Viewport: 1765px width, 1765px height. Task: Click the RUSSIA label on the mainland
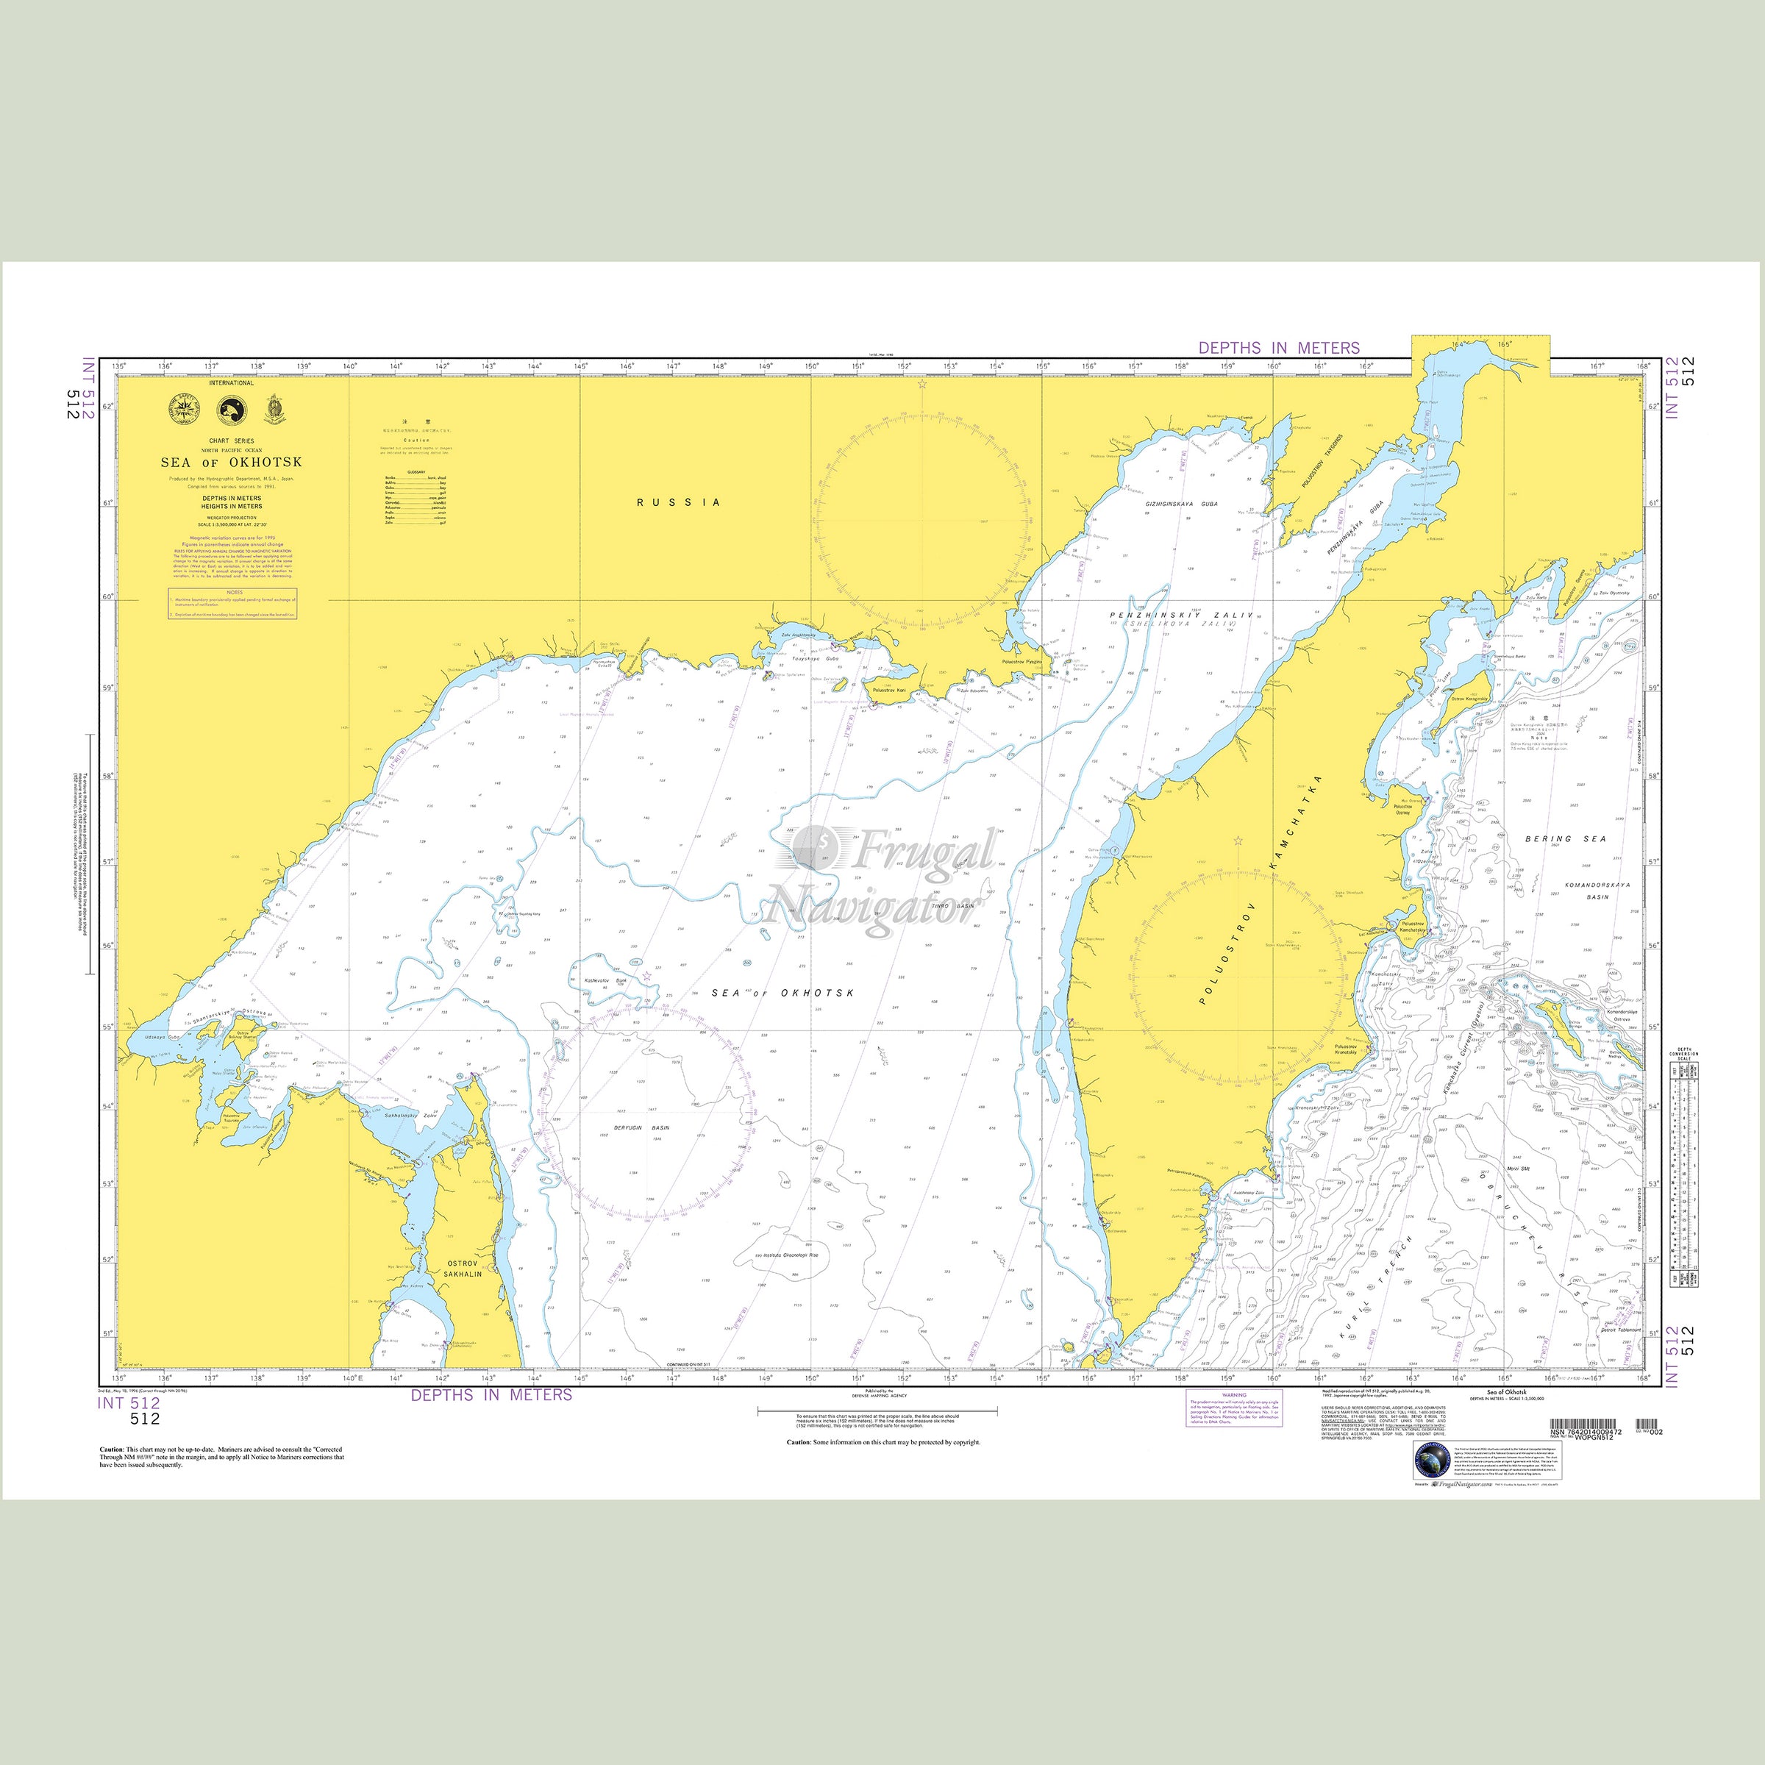(x=679, y=502)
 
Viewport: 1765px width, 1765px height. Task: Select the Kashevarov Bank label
(x=606, y=980)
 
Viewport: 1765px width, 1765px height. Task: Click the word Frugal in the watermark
(x=923, y=852)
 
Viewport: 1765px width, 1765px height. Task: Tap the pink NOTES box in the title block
(x=232, y=603)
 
